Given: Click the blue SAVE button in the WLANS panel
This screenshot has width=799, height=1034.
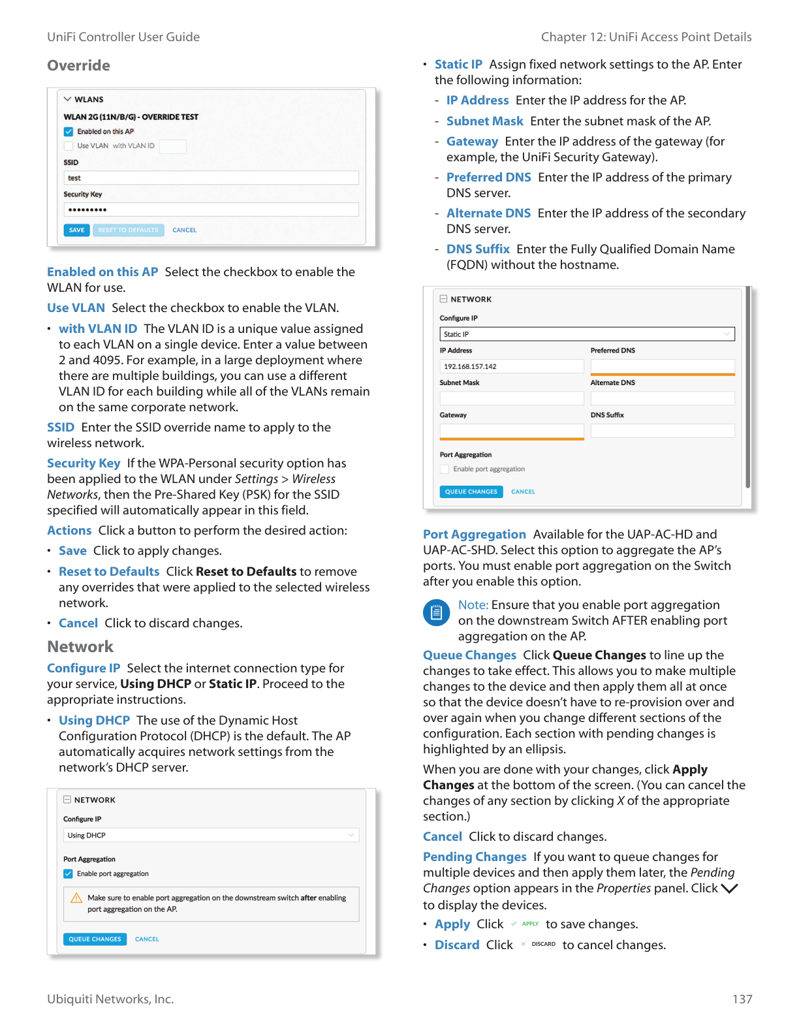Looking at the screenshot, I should (76, 230).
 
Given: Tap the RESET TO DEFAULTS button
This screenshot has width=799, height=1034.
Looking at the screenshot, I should (128, 230).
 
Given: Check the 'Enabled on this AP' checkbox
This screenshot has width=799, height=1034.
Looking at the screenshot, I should (69, 132).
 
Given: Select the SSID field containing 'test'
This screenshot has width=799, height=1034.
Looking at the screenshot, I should (211, 178).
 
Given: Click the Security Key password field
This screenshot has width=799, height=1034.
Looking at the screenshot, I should (211, 210).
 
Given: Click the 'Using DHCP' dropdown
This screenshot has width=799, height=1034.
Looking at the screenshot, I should (211, 836).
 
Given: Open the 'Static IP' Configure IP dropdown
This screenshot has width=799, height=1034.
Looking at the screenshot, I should (586, 334).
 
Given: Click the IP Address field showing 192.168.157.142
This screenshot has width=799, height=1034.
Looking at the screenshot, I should (511, 367).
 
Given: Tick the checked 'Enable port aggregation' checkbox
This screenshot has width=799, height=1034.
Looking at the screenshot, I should (69, 874).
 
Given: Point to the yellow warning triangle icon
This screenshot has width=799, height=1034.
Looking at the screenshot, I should (76, 898).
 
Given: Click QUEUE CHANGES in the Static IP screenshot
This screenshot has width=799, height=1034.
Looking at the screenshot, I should (471, 492).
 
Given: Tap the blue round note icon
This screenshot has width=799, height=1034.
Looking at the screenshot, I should (436, 612).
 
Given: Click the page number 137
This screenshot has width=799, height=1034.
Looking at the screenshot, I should (742, 999).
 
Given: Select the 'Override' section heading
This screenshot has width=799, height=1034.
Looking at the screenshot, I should (78, 66).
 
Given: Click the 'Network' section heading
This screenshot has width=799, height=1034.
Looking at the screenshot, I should (80, 647).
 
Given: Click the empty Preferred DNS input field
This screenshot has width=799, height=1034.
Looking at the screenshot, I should (662, 366).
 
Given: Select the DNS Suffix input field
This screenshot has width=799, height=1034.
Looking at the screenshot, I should (662, 431).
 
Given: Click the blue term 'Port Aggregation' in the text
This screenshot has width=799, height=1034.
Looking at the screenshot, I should (474, 535).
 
